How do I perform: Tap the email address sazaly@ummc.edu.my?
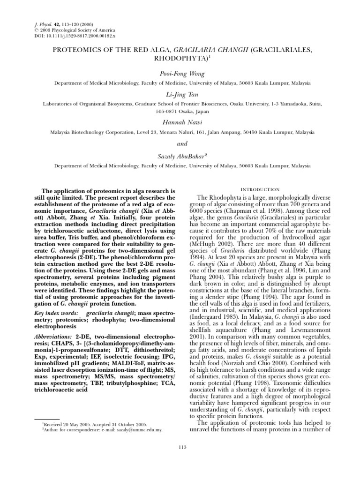coord(140,429)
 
